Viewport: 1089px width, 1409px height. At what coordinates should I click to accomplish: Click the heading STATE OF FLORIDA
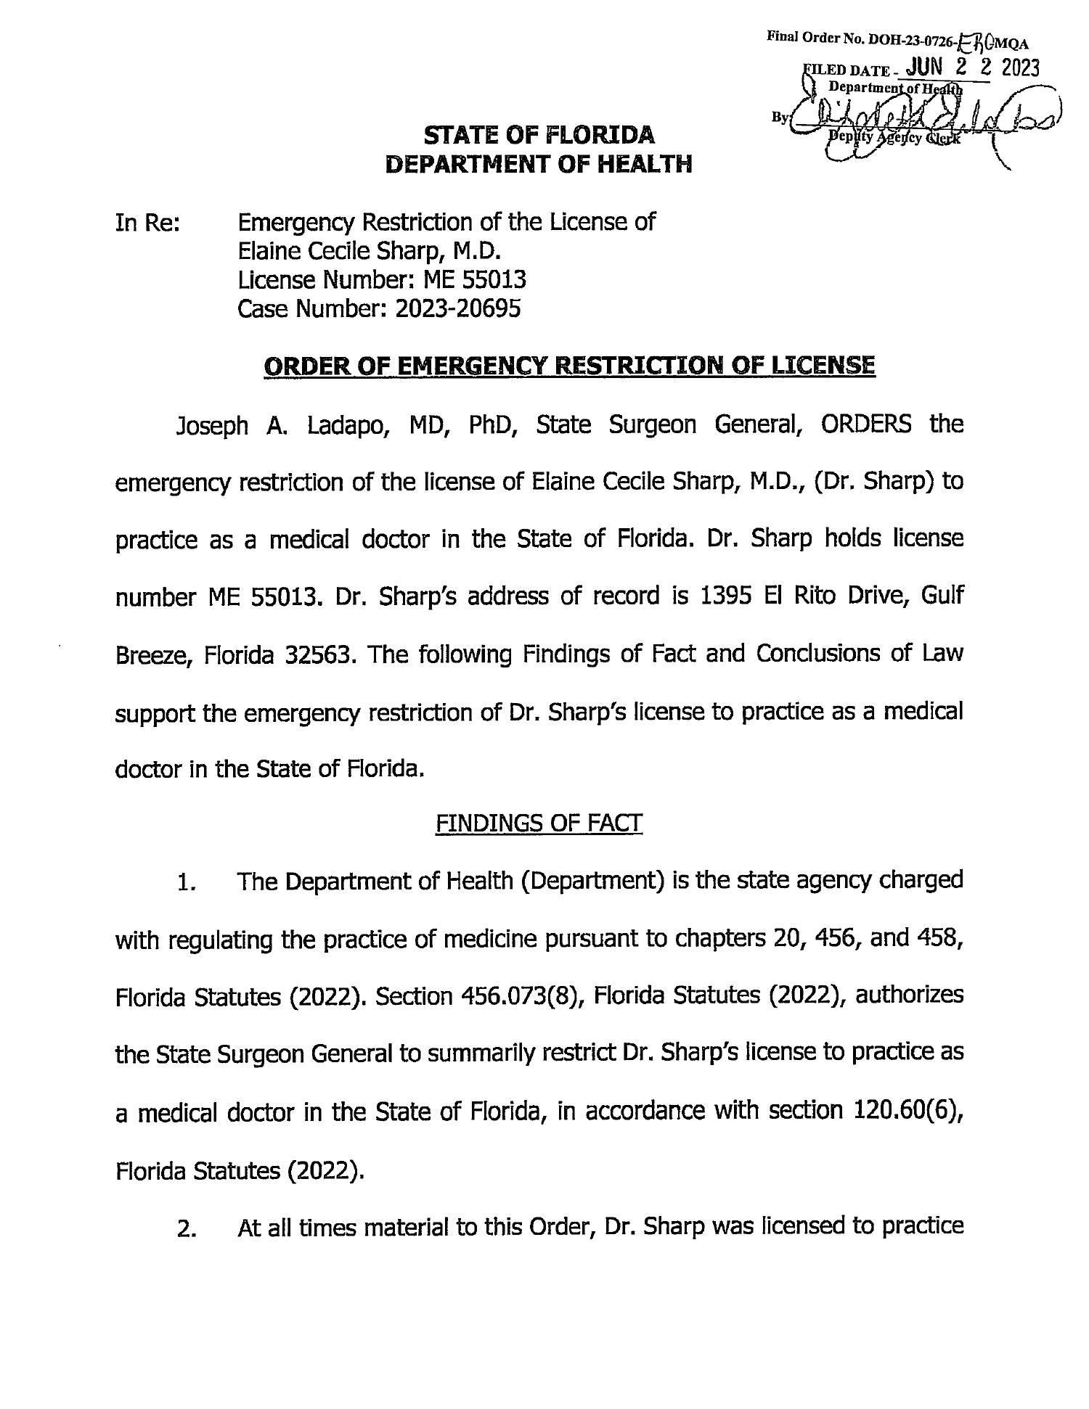(539, 135)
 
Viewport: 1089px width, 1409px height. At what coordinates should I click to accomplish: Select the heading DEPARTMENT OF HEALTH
(539, 165)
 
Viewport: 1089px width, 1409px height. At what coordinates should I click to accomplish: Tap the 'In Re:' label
(147, 222)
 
